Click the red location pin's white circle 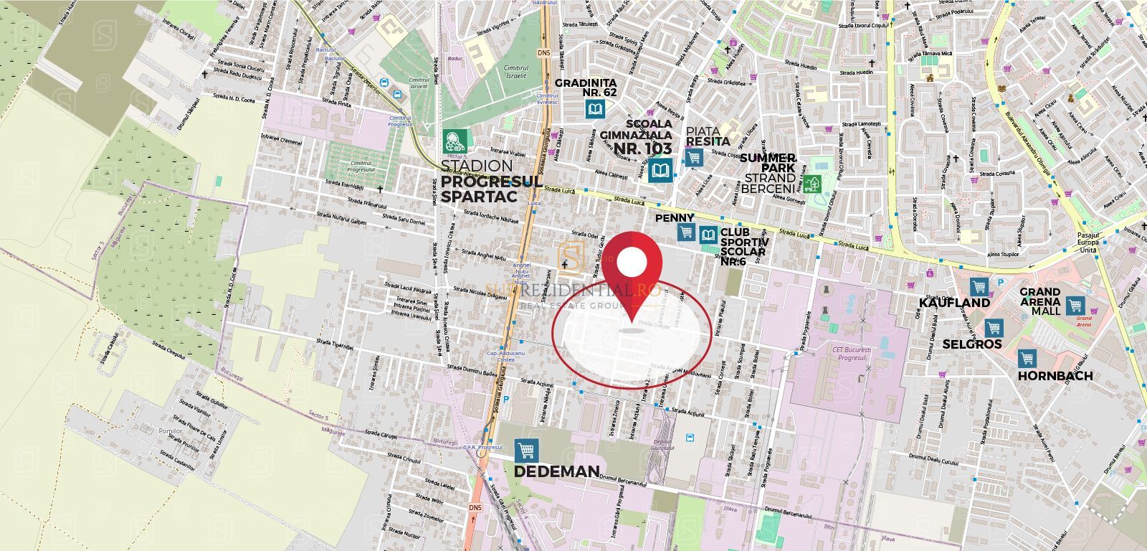tap(632, 263)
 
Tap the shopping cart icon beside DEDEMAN tap(527, 450)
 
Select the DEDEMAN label tap(556, 471)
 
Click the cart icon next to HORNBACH tap(1027, 358)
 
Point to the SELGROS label tap(972, 344)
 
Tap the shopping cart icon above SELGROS tap(993, 329)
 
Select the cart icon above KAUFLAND tap(979, 285)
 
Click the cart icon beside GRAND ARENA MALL tap(1074, 305)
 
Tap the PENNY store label tap(674, 217)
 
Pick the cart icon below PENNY tap(687, 232)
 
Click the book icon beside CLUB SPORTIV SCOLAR tap(708, 234)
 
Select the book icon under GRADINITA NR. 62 tap(594, 109)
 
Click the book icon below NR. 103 tap(660, 171)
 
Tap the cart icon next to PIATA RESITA tap(693, 157)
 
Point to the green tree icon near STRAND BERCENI tap(812, 184)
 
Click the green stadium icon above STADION tap(453, 139)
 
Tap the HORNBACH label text tap(1056, 376)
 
